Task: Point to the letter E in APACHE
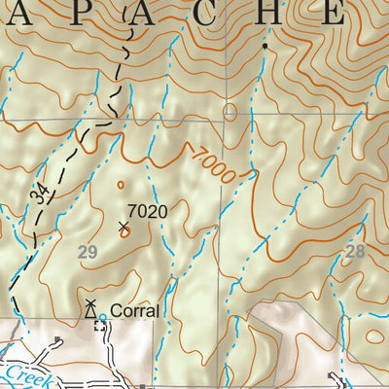[x=334, y=13]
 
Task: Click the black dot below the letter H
[x=265, y=45]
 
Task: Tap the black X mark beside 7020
[x=124, y=228]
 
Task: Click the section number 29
[x=88, y=253]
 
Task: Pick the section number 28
[x=354, y=253]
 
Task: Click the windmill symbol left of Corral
[x=89, y=310]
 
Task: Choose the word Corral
[x=134, y=311]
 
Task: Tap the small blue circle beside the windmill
[x=103, y=317]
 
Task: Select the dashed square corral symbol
[x=98, y=327]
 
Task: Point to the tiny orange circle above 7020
[x=121, y=184]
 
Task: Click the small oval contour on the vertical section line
[x=230, y=111]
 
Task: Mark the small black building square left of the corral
[x=59, y=340]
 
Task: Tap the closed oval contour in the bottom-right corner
[x=372, y=337]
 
